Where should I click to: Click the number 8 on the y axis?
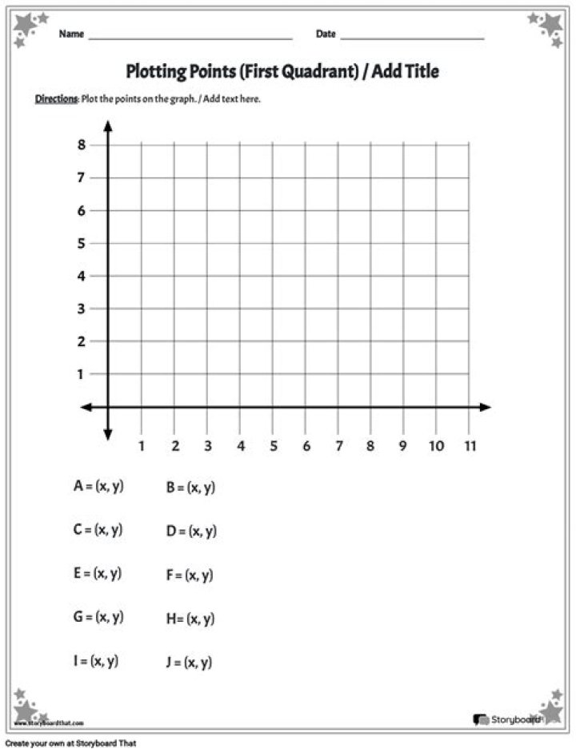click(81, 145)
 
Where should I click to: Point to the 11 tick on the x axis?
click(469, 445)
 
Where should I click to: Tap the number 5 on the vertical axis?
click(81, 243)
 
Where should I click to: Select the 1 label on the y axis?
click(81, 374)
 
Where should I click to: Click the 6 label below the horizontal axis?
click(305, 445)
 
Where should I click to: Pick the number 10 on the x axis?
click(436, 445)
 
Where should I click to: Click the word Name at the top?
click(70, 34)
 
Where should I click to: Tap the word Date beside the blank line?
click(326, 34)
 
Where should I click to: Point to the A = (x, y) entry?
click(98, 486)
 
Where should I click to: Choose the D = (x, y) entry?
click(191, 531)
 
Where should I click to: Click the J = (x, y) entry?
click(189, 662)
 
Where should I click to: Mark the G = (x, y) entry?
click(98, 617)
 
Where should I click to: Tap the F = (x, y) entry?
click(189, 575)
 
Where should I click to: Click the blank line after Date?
click(412, 37)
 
